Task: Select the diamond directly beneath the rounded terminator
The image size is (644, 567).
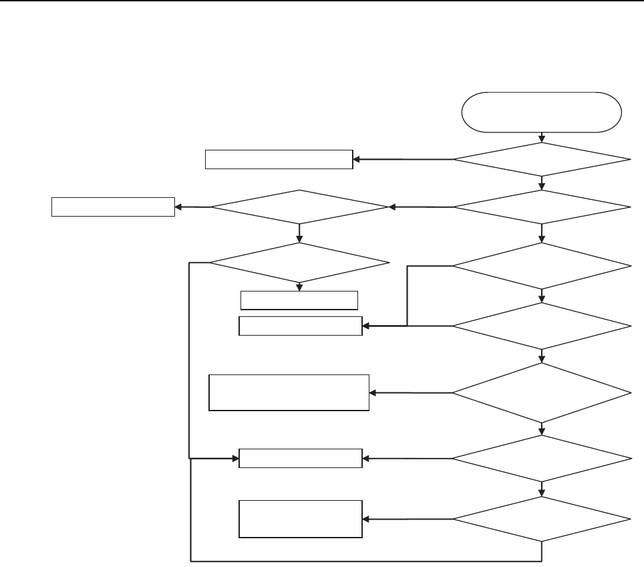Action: [541, 160]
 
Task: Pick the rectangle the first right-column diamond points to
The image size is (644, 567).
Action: [279, 160]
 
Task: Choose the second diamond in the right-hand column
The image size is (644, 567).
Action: [541, 207]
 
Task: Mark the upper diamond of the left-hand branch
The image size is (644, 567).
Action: [299, 207]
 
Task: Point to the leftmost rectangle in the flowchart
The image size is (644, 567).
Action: [113, 207]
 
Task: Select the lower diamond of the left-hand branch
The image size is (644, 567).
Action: [299, 262]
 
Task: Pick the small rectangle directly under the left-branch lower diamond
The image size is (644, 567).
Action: [299, 300]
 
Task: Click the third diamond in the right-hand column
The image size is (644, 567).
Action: [541, 265]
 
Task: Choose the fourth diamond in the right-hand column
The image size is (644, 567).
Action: [541, 326]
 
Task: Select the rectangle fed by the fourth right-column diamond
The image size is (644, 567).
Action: [301, 326]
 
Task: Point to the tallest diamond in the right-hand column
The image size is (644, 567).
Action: [541, 392]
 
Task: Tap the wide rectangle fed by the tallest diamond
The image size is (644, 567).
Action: [289, 392]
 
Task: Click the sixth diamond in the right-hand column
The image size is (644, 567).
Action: [541, 459]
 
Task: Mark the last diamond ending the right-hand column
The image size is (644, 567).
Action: [541, 519]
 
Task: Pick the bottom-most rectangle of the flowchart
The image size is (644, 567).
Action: [301, 519]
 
